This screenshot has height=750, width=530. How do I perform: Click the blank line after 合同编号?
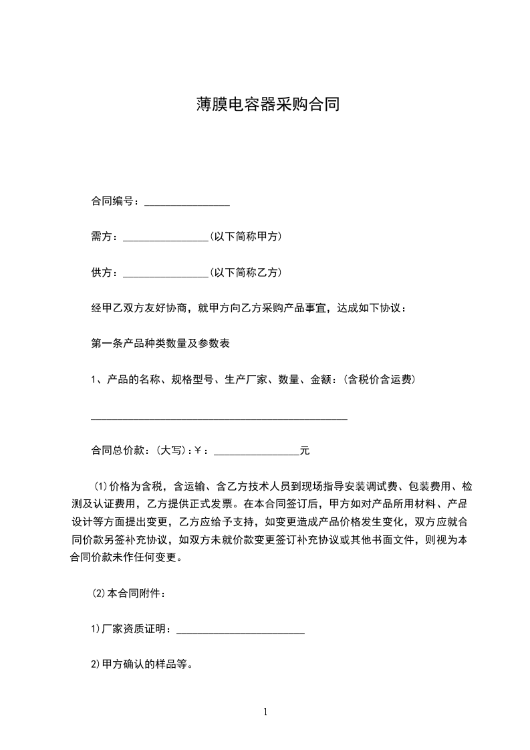187,203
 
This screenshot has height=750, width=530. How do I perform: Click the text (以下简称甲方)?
245,237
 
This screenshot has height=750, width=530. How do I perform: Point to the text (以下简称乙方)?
245,273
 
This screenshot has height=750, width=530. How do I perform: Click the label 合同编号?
114,201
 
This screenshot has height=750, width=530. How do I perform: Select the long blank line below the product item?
219,418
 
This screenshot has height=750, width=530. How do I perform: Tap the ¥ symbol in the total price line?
198,451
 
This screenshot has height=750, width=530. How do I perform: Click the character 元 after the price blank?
305,451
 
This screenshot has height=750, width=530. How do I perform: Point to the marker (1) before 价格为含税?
100,486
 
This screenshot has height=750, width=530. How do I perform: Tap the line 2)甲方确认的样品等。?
142,665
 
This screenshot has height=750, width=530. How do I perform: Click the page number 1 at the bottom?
265,713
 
